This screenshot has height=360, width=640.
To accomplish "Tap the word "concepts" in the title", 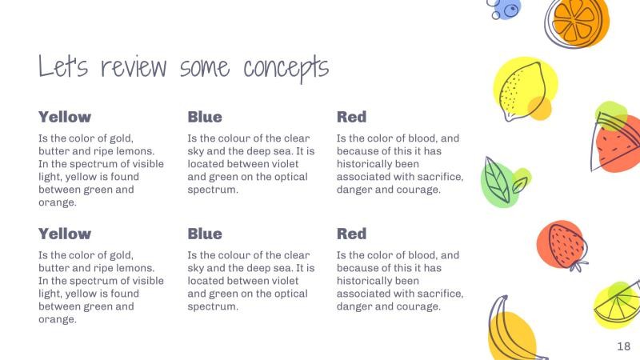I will tap(286, 68).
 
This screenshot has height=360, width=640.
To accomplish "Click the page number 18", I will tap(624, 346).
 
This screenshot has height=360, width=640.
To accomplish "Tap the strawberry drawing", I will tap(564, 247).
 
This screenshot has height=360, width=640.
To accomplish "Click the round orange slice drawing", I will tap(578, 19).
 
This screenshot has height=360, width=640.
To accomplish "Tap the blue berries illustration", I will tap(504, 9).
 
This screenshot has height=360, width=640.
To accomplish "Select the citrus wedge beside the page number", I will tap(618, 304).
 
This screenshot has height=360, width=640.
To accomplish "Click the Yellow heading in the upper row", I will tap(65, 117).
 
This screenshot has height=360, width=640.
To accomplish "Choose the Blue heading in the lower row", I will tap(205, 234).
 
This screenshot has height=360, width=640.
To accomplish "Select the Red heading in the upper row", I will tap(351, 117).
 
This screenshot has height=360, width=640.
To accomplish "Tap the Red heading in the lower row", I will tap(351, 234).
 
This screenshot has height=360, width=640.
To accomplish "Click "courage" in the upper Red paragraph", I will tap(418, 190).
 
